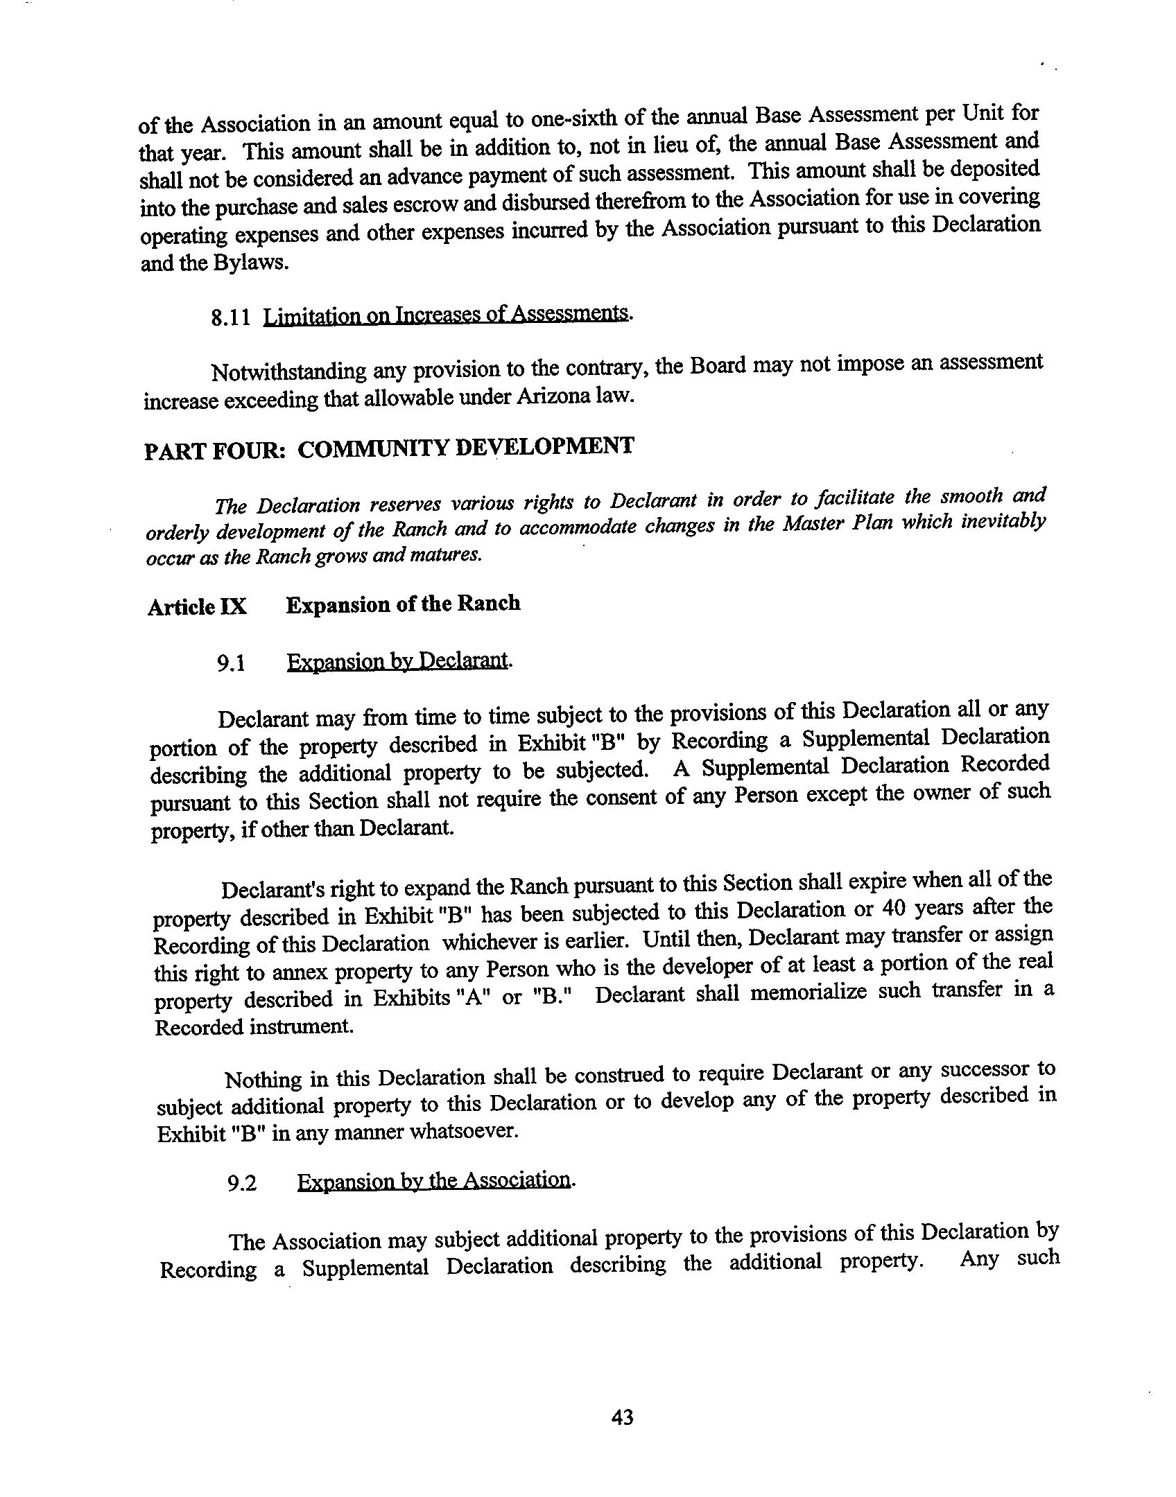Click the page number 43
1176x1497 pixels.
click(622, 1417)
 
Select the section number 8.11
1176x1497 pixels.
click(230, 319)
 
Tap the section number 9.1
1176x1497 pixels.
click(231, 664)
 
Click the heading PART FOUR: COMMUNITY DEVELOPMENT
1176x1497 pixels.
click(388, 448)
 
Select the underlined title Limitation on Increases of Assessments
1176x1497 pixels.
click(447, 315)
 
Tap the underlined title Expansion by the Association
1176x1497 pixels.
click(434, 1180)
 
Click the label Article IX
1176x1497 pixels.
click(197, 607)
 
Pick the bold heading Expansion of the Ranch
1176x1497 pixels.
click(403, 604)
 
